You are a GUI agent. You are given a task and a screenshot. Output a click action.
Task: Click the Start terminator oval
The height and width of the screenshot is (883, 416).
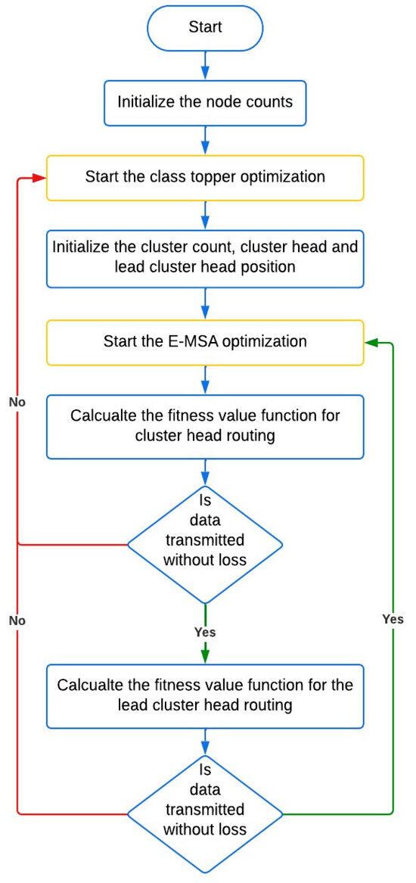click(x=205, y=26)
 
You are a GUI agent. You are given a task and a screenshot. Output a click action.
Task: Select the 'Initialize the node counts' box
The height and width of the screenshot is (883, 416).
click(x=205, y=102)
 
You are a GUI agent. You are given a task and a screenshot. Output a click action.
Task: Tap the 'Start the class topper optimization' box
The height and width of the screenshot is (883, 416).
click(x=205, y=177)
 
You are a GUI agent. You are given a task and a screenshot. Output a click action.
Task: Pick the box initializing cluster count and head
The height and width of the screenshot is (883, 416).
click(x=205, y=257)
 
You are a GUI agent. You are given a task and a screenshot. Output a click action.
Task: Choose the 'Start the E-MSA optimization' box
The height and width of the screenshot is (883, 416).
click(x=205, y=342)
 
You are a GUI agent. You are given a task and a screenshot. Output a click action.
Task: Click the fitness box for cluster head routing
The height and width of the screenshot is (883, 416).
click(x=205, y=426)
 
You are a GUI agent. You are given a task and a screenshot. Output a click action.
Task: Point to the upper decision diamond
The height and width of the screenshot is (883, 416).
click(x=205, y=544)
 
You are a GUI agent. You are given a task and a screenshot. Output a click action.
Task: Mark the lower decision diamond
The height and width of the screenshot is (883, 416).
click(x=205, y=813)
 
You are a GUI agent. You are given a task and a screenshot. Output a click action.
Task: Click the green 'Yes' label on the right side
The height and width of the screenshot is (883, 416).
click(x=393, y=620)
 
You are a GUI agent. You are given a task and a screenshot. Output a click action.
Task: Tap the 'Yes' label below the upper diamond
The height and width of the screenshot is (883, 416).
click(x=205, y=632)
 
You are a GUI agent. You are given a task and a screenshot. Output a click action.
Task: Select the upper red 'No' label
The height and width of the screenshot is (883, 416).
click(x=18, y=403)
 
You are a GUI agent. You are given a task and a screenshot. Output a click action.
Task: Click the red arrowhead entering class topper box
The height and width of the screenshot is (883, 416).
click(x=40, y=177)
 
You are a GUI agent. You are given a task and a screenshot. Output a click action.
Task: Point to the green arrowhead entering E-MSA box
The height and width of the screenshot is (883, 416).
click(x=371, y=342)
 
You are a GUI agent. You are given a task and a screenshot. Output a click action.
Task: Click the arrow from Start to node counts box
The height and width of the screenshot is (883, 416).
click(x=205, y=64)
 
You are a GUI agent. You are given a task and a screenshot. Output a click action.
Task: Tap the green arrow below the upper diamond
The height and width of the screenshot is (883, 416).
click(x=205, y=634)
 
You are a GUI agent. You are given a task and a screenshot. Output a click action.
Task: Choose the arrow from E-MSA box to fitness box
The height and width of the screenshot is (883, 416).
click(x=205, y=380)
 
